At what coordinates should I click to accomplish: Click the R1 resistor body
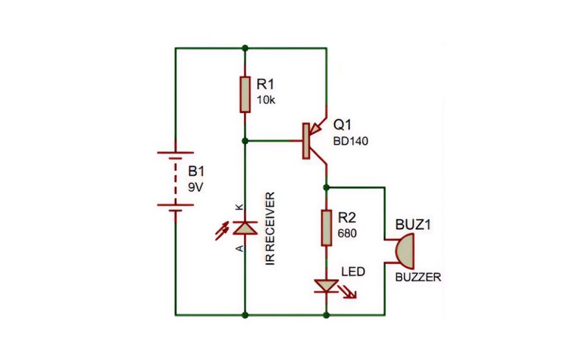pyautogui.click(x=245, y=95)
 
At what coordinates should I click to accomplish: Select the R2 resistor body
pyautogui.click(x=326, y=228)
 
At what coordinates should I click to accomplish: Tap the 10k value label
pyautogui.click(x=266, y=100)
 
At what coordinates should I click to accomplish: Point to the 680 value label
pyautogui.click(x=347, y=233)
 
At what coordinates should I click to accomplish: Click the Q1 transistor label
pyautogui.click(x=342, y=124)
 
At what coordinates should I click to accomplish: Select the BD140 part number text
pyautogui.click(x=351, y=141)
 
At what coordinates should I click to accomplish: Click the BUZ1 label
pyautogui.click(x=413, y=225)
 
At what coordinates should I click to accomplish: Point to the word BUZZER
pyautogui.click(x=418, y=277)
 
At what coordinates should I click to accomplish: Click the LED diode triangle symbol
pyautogui.click(x=326, y=286)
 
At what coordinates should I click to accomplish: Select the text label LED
pyautogui.click(x=353, y=271)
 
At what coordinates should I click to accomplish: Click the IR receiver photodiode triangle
pyautogui.click(x=245, y=228)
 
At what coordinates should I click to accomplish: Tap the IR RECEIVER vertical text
pyautogui.click(x=270, y=228)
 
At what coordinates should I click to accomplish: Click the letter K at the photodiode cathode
pyautogui.click(x=240, y=206)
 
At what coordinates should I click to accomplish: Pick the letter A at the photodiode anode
pyautogui.click(x=240, y=248)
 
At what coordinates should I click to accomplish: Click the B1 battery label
pyautogui.click(x=196, y=171)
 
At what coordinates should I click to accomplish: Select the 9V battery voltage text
pyautogui.click(x=196, y=187)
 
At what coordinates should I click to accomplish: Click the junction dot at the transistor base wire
pyautogui.click(x=245, y=141)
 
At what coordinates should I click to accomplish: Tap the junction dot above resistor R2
pyautogui.click(x=326, y=187)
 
